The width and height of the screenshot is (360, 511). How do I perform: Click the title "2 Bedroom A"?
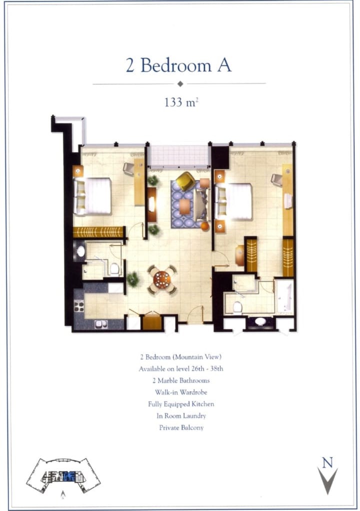(178, 65)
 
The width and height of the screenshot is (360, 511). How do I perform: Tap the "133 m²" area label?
(181, 102)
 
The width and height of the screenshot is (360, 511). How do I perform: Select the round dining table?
(162, 279)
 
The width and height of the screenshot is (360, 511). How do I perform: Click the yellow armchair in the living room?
(185, 180)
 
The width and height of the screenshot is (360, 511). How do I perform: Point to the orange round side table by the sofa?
(204, 226)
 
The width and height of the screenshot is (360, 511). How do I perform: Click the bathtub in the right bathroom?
(284, 296)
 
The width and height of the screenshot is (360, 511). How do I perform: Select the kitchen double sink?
(100, 324)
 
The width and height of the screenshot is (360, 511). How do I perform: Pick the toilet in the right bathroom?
(237, 307)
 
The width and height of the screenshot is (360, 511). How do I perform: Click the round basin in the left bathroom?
(80, 251)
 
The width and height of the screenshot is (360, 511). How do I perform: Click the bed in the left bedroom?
(92, 196)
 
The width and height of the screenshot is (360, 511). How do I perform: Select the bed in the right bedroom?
(233, 201)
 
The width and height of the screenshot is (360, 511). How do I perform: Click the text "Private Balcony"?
(181, 427)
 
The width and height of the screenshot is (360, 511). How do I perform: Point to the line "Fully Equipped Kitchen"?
(181, 404)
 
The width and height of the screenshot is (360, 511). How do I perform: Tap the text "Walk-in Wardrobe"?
(181, 392)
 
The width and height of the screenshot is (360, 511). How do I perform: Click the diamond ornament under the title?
(180, 84)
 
